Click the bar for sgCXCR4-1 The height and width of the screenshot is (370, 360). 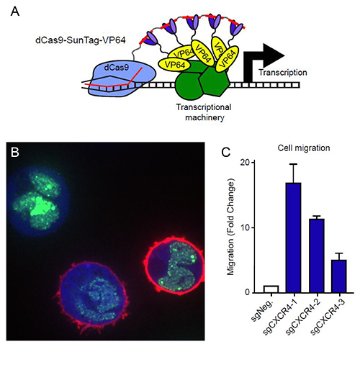293,238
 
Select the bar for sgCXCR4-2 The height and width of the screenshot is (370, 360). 317,256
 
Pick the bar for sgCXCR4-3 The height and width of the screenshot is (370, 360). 338,276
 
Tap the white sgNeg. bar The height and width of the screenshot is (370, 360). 271,289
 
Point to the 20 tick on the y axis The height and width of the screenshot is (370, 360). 253,163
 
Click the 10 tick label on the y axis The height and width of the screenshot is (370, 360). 245,227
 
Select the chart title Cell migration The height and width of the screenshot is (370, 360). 304,148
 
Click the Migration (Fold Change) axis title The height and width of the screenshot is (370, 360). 230,227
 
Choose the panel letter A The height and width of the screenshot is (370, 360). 15,12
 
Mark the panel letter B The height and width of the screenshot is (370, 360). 15,152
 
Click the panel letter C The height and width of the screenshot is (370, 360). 225,152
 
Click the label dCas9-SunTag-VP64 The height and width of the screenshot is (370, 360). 81,40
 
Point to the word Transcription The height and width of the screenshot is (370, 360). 282,72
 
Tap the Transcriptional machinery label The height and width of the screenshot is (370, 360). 204,112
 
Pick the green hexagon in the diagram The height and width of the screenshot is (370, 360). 215,81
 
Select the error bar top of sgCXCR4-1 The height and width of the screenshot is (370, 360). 293,164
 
